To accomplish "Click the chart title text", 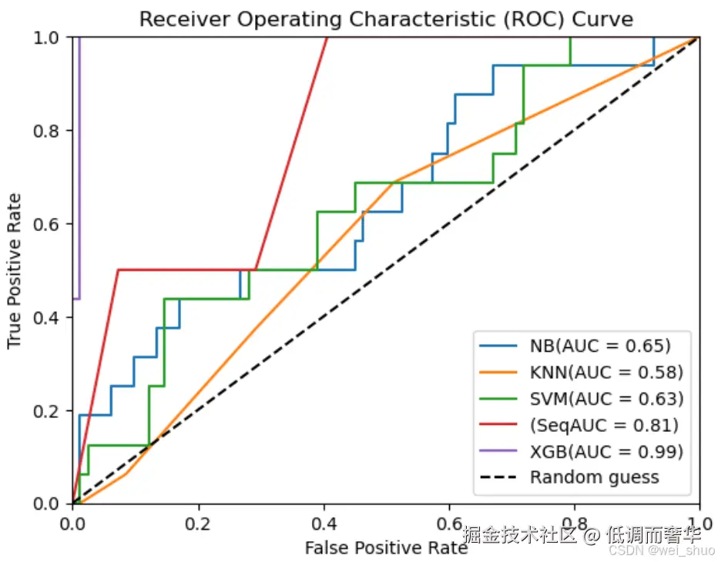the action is click(386, 19).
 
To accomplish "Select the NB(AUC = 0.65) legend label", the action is click(600, 346).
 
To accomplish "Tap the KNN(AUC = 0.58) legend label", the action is click(606, 373).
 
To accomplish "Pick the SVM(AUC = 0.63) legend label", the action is click(606, 399).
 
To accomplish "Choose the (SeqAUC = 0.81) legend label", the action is click(604, 425).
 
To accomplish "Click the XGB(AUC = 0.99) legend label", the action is click(606, 452).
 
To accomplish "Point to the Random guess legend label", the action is click(595, 477).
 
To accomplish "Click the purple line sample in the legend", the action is click(498, 451).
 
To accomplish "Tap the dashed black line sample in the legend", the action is click(498, 477).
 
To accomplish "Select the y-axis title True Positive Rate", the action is click(14, 271).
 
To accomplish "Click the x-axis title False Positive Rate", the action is click(386, 547).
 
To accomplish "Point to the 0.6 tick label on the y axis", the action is click(46, 224).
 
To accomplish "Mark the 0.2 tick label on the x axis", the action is click(198, 524).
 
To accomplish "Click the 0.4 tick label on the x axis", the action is click(324, 524).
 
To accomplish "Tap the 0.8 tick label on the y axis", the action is click(46, 131).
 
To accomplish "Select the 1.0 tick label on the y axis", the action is click(46, 38).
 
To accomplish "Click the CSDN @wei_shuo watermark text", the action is click(662, 550).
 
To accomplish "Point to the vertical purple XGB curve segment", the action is click(79, 168).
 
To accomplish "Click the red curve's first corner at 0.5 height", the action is click(118, 270).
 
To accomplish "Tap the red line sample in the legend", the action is click(498, 424).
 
